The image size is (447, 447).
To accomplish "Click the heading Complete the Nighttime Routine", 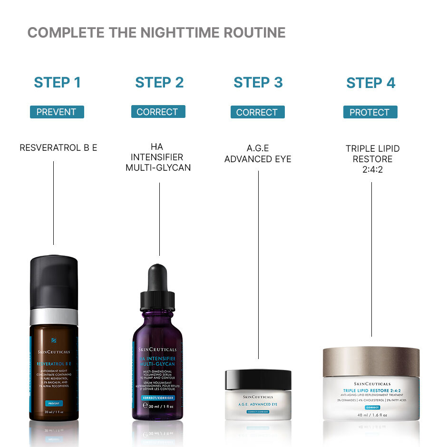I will [156, 33].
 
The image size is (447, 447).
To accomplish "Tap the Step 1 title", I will [57, 82].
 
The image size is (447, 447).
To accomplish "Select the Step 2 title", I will [159, 82].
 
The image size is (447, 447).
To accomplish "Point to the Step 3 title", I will [258, 82].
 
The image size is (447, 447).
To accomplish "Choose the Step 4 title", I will [370, 83].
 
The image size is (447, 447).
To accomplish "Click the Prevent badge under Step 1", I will [57, 112].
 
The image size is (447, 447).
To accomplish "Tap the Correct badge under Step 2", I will [158, 112].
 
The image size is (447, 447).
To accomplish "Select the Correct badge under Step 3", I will [257, 113].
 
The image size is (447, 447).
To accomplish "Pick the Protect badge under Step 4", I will [370, 113].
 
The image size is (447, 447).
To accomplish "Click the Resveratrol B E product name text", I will [58, 148].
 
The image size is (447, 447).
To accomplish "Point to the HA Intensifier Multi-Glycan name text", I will [158, 157].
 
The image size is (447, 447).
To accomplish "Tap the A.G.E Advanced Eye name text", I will [258, 153].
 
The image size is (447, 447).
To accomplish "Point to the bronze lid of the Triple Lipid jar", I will [371, 361].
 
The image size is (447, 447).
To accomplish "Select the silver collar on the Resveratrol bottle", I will [54, 316].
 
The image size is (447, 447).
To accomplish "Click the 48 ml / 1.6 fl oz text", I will [372, 415].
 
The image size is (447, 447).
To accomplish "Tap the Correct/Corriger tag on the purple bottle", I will [157, 398].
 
